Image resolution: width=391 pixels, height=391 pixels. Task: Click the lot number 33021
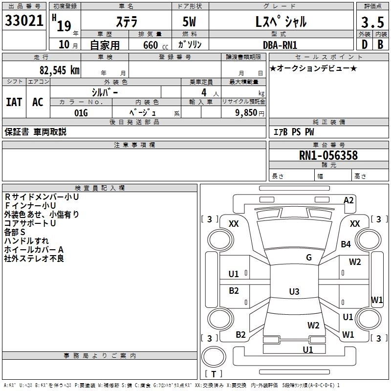pos(23,21)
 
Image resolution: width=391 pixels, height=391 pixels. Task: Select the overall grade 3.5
pos(371,22)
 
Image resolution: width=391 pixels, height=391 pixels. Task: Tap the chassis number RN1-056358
pos(328,156)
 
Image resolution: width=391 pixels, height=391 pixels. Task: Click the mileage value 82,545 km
pos(59,70)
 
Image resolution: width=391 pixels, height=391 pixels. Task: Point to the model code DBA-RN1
pos(280,44)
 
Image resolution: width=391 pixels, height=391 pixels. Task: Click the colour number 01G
pos(81,113)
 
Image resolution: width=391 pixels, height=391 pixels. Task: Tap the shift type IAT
pos(14,102)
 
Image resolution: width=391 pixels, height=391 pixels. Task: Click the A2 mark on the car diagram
pos(348,200)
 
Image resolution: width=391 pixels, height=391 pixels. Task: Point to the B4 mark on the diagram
pos(346,244)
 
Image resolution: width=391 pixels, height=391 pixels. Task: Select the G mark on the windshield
pos(308,258)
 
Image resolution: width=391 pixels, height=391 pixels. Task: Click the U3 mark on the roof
pos(294,292)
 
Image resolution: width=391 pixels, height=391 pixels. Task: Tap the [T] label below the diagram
pos(214,374)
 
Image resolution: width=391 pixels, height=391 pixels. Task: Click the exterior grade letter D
pos(364,44)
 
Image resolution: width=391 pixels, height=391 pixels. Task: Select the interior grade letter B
pos(380,44)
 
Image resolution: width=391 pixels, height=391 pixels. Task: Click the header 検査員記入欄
pos(100,188)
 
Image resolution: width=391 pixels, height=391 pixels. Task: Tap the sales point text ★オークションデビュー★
pos(313,68)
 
